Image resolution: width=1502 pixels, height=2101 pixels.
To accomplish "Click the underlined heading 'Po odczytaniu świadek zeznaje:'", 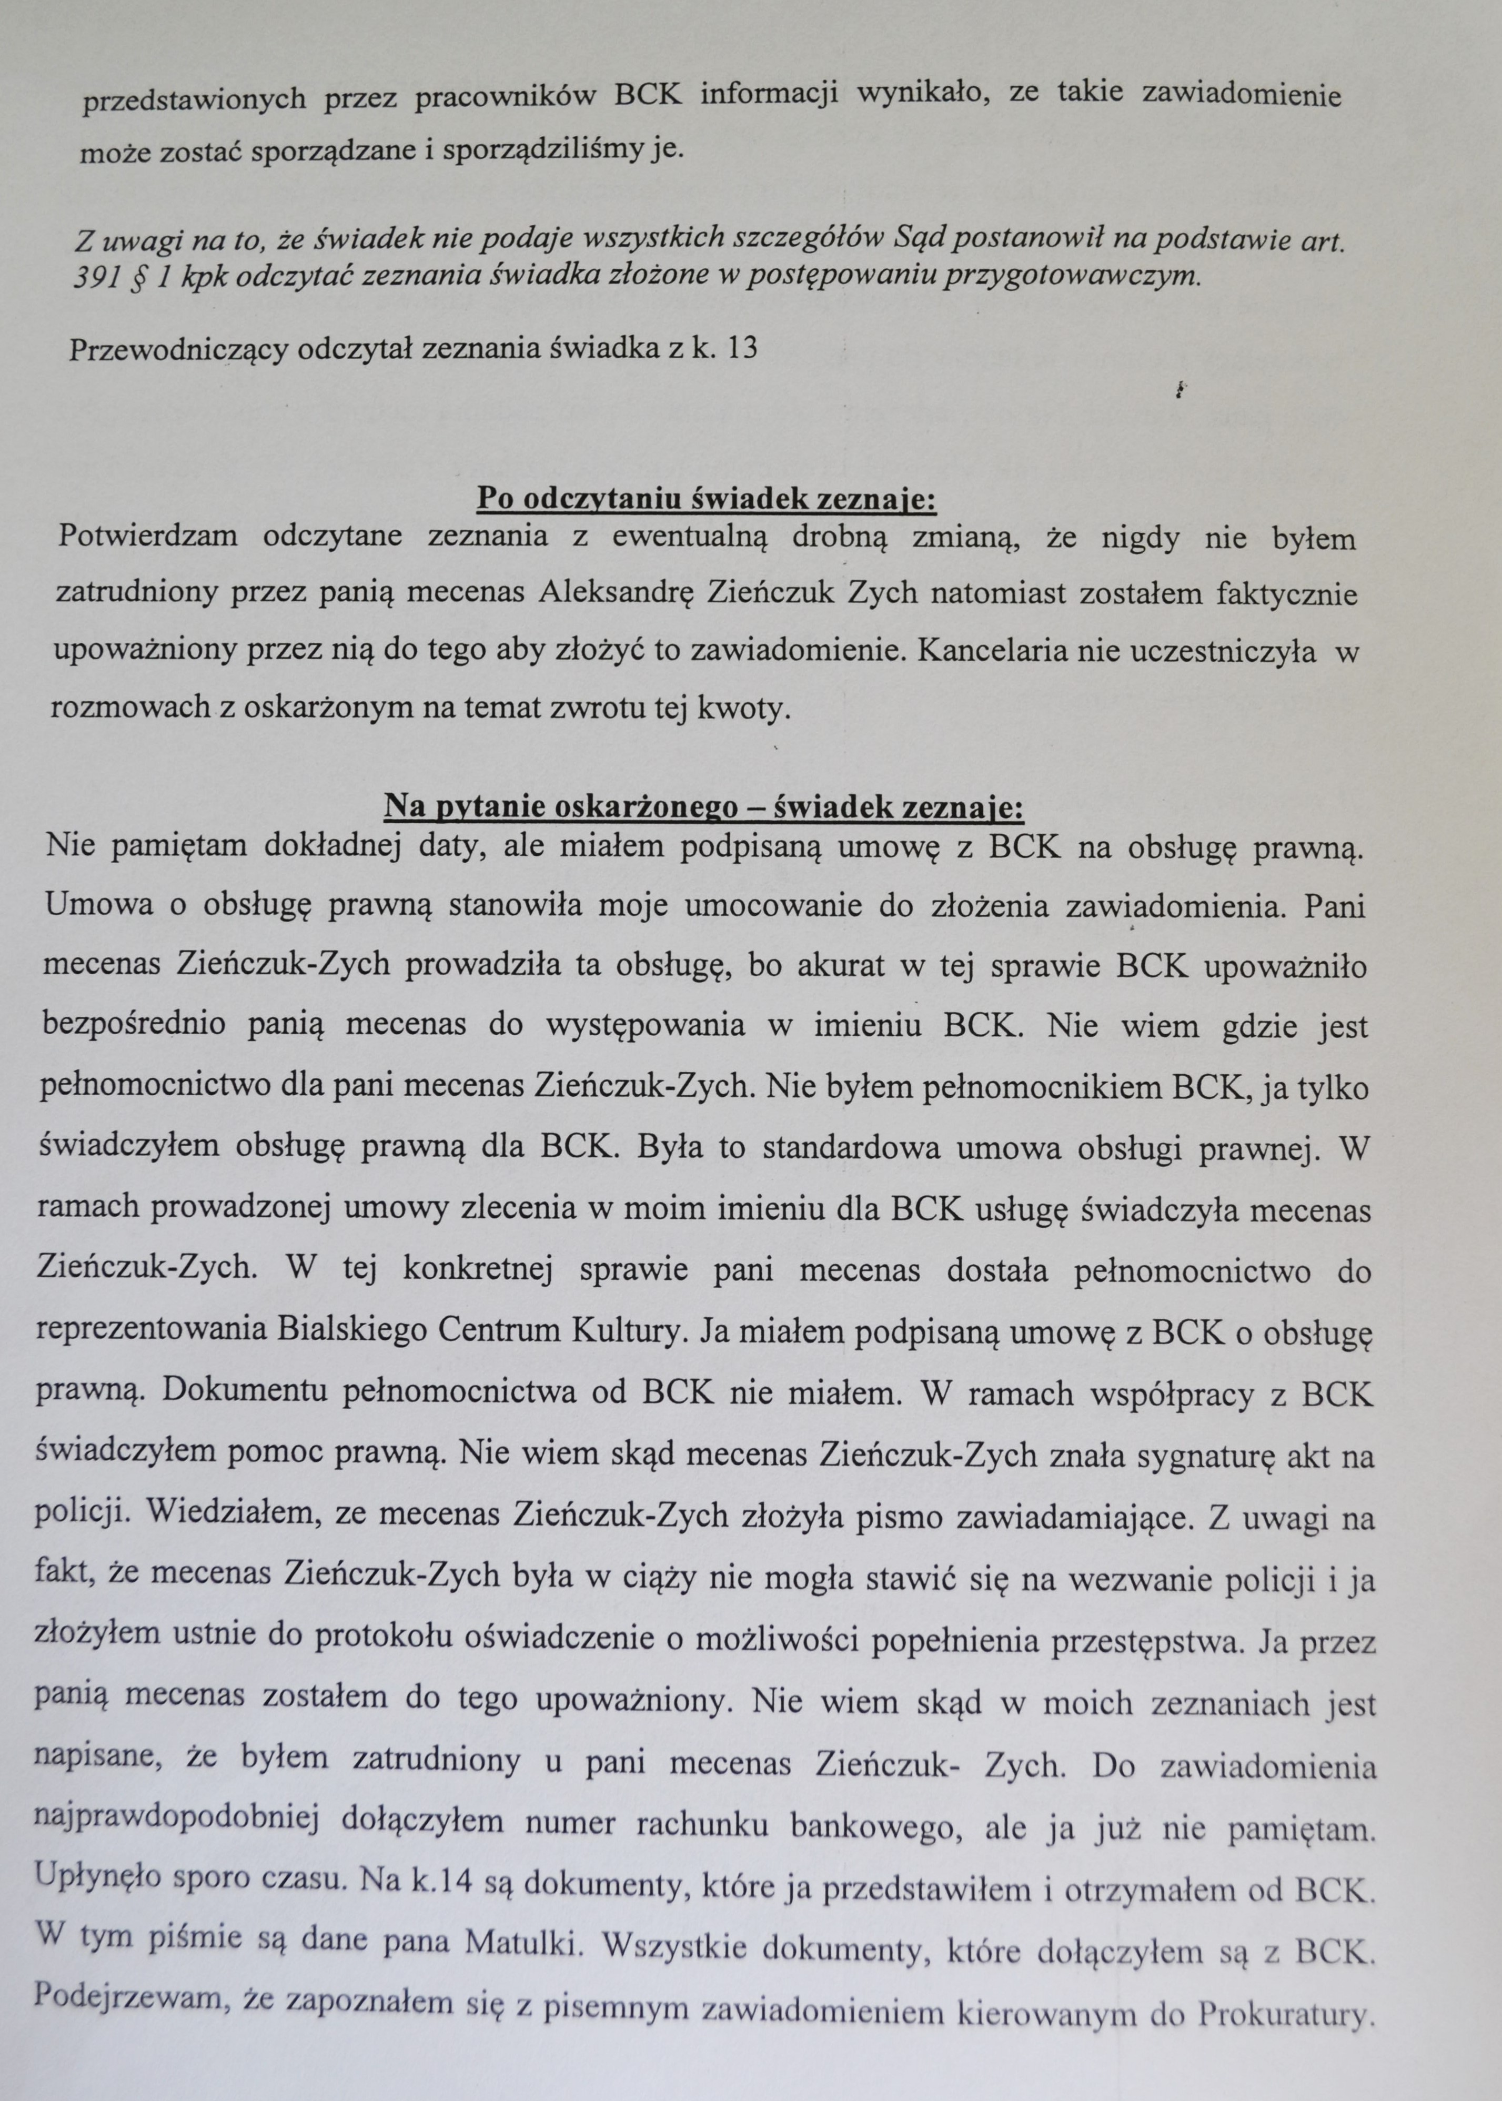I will click(x=707, y=500).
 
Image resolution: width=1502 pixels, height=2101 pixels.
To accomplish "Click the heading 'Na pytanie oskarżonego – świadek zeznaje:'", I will click(x=704, y=807).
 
